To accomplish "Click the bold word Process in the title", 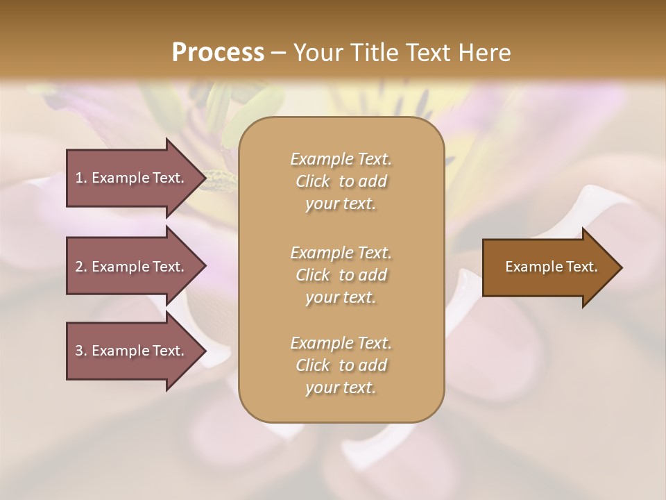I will click(218, 53).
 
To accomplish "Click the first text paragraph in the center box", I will click(341, 181).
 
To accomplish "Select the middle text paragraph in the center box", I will click(341, 275).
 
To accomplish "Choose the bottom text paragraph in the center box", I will click(341, 365).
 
